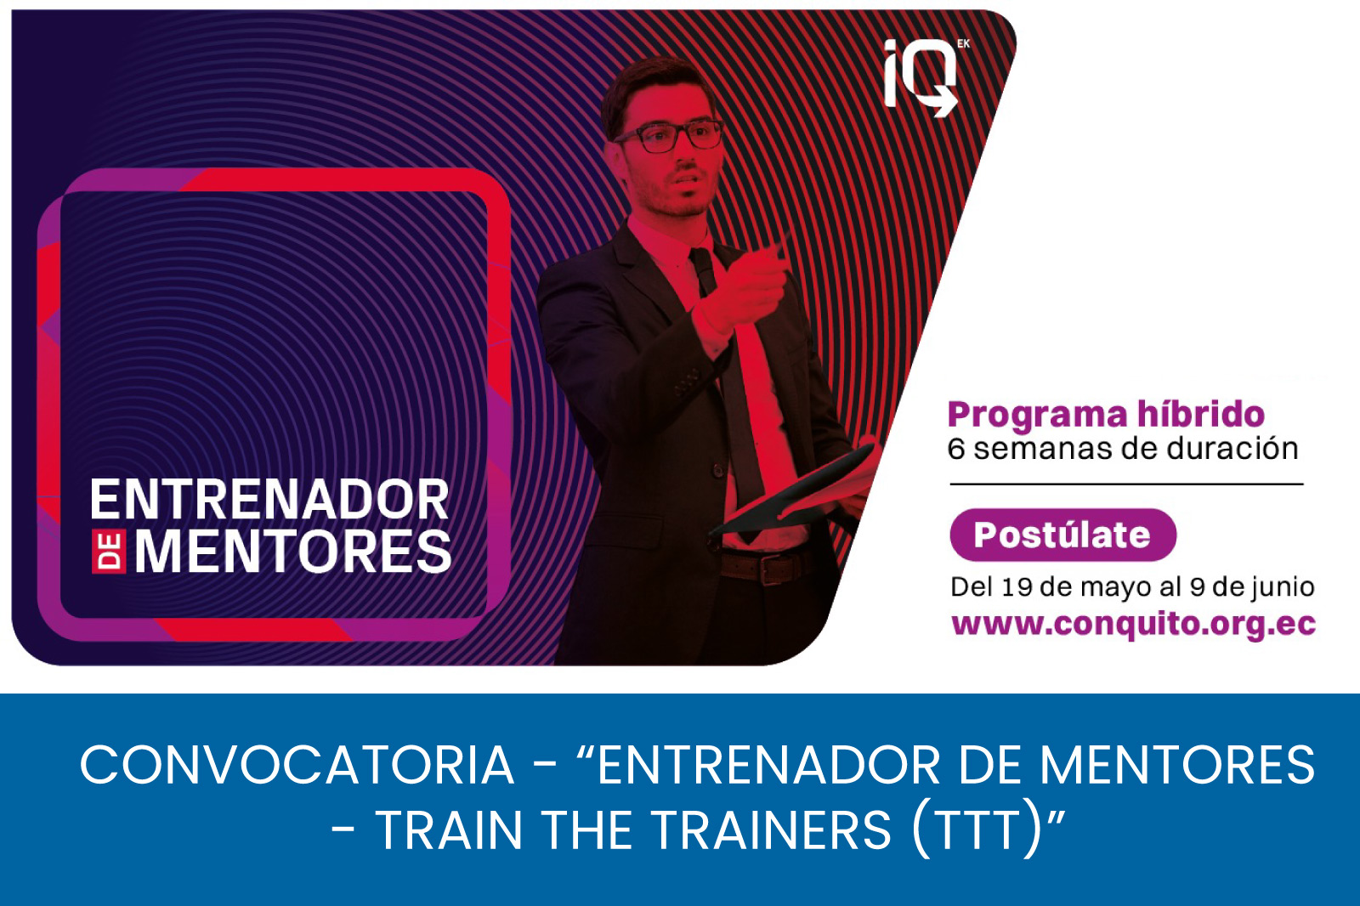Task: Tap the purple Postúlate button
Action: point(1062,535)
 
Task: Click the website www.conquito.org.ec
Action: point(1134,625)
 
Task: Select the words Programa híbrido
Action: point(1106,416)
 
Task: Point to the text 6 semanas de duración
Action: point(1123,450)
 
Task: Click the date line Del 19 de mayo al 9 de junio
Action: point(1132,587)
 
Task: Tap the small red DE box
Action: point(109,552)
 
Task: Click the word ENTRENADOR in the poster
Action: point(270,500)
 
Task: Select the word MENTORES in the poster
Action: point(292,552)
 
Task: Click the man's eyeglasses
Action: point(669,136)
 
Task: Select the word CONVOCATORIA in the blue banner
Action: point(297,765)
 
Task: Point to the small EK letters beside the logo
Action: point(963,43)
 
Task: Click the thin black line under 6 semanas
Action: point(1127,484)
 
